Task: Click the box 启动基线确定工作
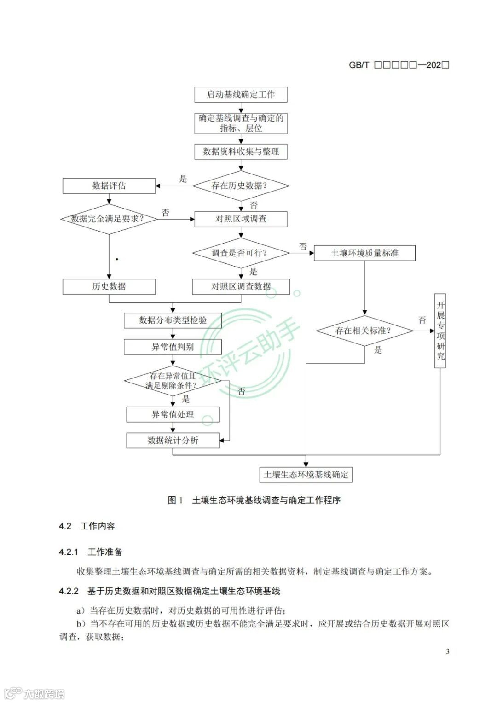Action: [241, 94]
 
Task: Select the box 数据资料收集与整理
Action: [241, 151]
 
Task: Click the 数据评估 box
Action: [109, 186]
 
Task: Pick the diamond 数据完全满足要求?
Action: [109, 219]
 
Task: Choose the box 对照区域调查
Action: [241, 219]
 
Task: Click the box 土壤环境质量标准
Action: [364, 253]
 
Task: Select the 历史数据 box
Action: [109, 286]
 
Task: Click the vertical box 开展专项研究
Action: [440, 331]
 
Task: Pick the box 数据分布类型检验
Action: [173, 320]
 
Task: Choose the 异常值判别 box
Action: [173, 347]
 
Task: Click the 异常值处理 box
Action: [173, 414]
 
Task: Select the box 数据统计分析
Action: [173, 441]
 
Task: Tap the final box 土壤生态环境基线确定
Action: [306, 475]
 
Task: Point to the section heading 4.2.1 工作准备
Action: [91, 552]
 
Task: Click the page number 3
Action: [447, 651]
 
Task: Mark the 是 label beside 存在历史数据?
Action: [183, 179]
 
